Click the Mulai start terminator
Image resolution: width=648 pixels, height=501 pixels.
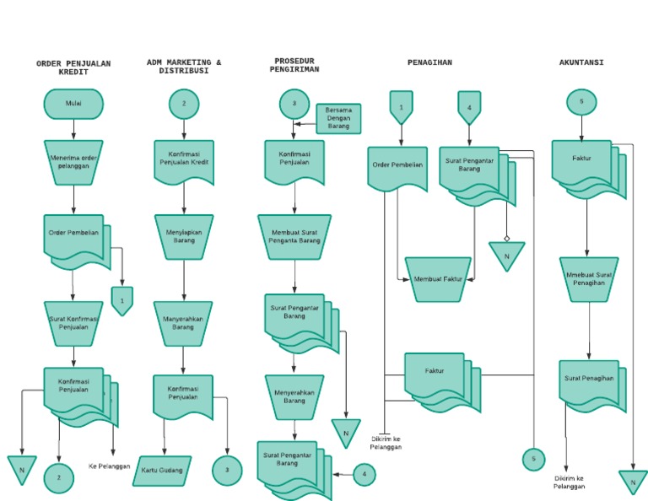pyautogui.click(x=74, y=104)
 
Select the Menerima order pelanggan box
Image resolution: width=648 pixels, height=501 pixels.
pyautogui.click(x=74, y=161)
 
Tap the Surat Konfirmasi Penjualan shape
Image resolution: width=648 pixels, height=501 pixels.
pyautogui.click(x=74, y=323)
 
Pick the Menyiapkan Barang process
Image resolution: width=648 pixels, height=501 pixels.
pyautogui.click(x=184, y=235)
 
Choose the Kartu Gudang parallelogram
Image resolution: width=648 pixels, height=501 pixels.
pyautogui.click(x=162, y=470)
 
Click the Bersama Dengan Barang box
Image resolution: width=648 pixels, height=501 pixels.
pyautogui.click(x=338, y=118)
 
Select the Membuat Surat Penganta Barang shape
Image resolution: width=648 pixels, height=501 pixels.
pyautogui.click(x=294, y=235)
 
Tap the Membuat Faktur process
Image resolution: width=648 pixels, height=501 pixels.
pyautogui.click(x=438, y=277)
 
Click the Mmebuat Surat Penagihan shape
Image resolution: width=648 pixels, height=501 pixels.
pyautogui.click(x=589, y=278)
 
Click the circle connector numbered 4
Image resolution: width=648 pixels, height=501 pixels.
pyautogui.click(x=364, y=474)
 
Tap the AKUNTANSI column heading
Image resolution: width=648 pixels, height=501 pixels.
pyautogui.click(x=581, y=62)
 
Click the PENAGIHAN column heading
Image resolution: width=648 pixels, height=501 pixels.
pyautogui.click(x=429, y=62)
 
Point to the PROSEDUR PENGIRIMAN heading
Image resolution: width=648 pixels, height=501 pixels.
pyautogui.click(x=294, y=66)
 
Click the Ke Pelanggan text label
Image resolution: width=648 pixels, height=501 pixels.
pyautogui.click(x=109, y=466)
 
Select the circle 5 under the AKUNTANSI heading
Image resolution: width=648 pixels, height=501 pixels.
pyautogui.click(x=581, y=102)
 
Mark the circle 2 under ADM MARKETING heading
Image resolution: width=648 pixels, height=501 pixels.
pyautogui.click(x=184, y=105)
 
